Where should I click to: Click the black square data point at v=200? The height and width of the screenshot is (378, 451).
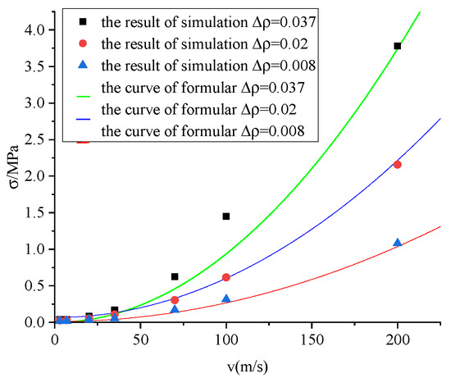(398, 46)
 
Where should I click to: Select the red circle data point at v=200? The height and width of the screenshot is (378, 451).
(398, 165)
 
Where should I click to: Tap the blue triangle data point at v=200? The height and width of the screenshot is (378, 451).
(398, 243)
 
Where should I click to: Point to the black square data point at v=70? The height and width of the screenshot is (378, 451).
(175, 277)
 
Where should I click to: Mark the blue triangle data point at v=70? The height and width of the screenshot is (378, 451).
(175, 309)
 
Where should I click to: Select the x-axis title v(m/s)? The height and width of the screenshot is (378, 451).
(248, 361)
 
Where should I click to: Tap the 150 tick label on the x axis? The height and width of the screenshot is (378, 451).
(312, 337)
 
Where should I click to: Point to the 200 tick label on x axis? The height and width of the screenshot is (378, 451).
(398, 337)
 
